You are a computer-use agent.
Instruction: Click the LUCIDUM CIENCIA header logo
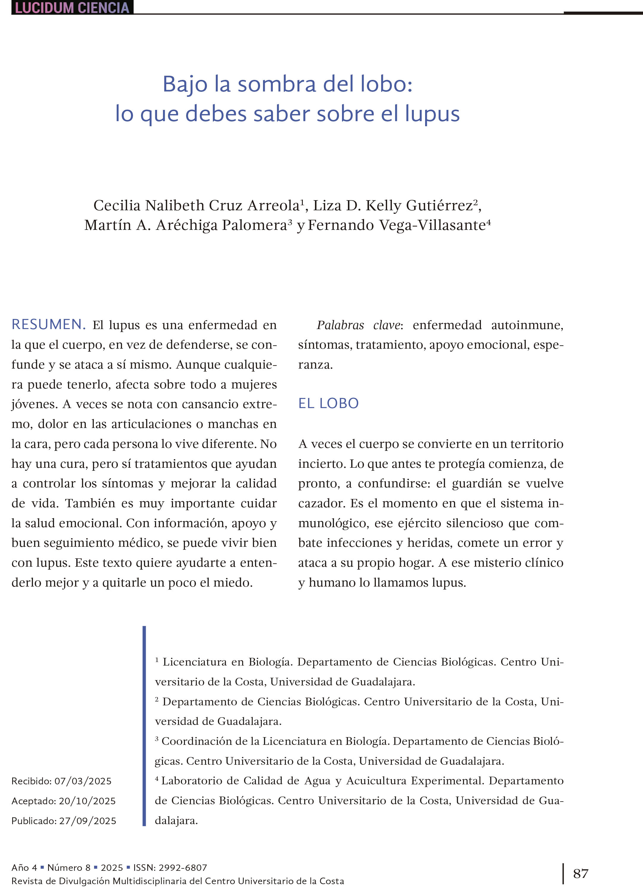pyautogui.click(x=72, y=7)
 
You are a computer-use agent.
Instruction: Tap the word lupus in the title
pyautogui.click(x=432, y=114)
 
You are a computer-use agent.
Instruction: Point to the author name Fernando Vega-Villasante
pyautogui.click(x=396, y=225)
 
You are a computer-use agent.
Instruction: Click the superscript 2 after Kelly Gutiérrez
pyautogui.click(x=476, y=202)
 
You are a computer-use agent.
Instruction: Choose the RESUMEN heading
pyautogui.click(x=48, y=325)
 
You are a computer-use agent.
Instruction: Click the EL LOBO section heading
pyautogui.click(x=328, y=403)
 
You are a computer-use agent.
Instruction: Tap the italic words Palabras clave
pyautogui.click(x=358, y=325)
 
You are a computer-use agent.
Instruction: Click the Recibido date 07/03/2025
pyautogui.click(x=83, y=781)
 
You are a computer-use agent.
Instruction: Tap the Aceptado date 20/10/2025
pyautogui.click(x=87, y=801)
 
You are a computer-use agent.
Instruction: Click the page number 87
pyautogui.click(x=580, y=873)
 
